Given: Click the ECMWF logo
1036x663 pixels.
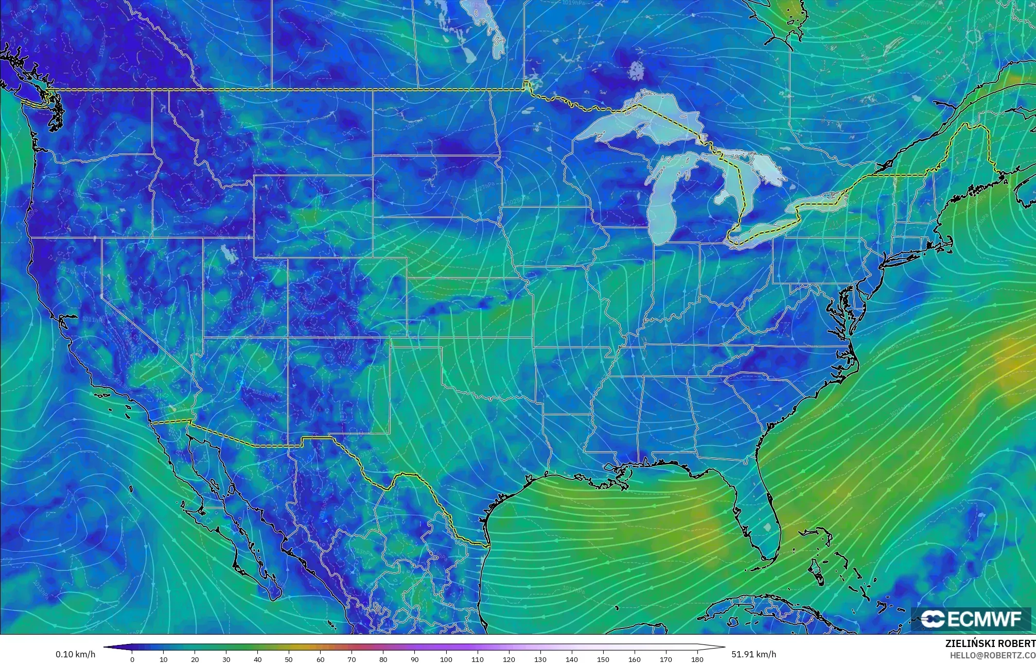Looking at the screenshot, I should [971, 619].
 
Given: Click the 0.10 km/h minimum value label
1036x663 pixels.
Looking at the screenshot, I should [75, 654].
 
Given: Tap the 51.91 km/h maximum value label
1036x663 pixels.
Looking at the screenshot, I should [753, 654].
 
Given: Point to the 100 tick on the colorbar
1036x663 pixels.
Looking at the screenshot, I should [446, 659].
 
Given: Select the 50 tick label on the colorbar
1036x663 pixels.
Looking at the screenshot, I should [289, 659].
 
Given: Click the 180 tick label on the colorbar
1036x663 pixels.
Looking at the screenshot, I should [697, 659].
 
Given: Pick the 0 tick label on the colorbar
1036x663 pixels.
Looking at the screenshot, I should [132, 659].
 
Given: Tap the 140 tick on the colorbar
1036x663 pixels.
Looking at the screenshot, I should [572, 659].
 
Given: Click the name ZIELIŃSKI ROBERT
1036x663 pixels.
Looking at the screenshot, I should [990, 643].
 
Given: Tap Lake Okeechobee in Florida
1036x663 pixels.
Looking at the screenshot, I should [768, 528].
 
